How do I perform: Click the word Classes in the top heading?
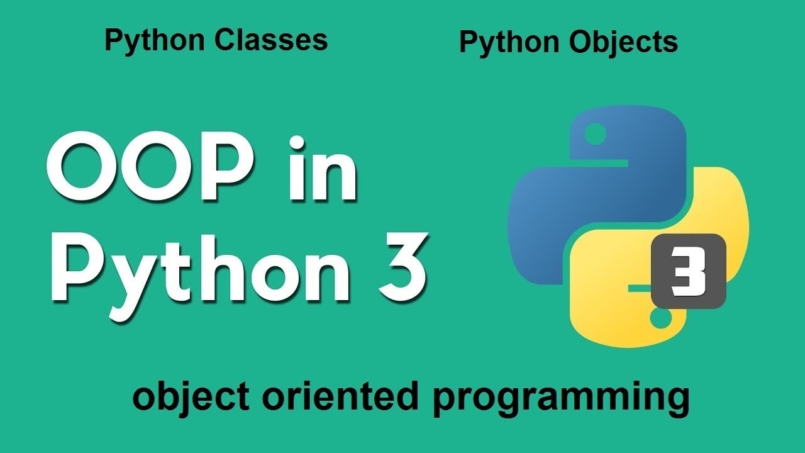tap(271, 40)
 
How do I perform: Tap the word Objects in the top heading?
tap(624, 43)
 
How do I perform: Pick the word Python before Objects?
tap(512, 43)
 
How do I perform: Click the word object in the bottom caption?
tap(176, 398)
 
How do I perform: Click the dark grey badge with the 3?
tap(688, 271)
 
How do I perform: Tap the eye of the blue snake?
tap(595, 133)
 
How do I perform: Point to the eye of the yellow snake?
tap(661, 319)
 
